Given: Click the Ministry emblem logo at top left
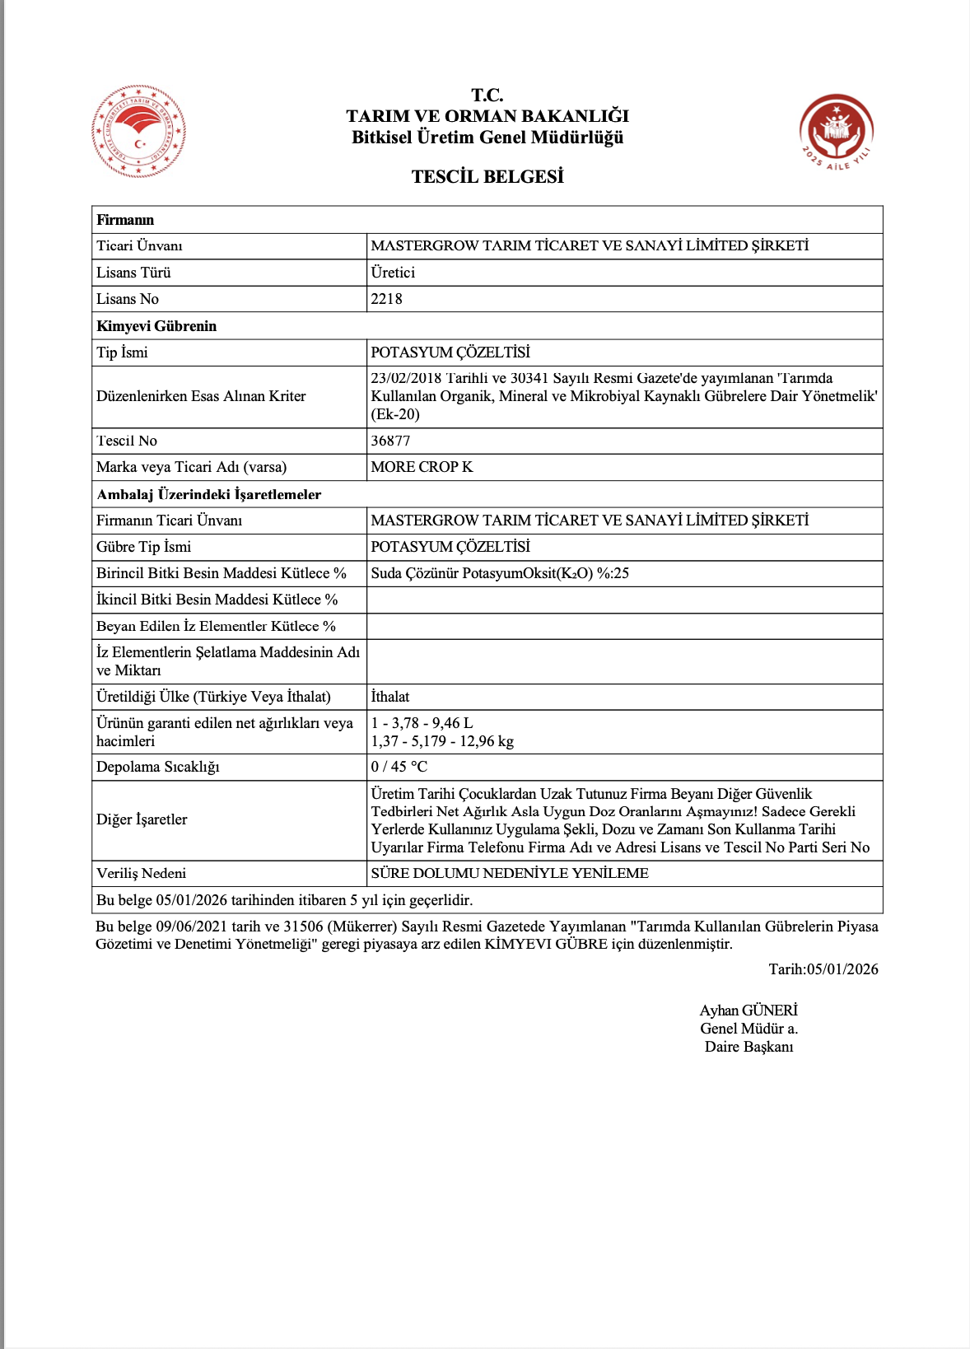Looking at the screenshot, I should coord(138,132).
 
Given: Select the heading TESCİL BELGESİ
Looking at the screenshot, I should coord(487,177).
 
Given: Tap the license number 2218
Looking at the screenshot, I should coord(386,299).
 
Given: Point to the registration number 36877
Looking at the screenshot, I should coord(390,441).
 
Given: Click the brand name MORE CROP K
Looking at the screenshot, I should coord(422,467).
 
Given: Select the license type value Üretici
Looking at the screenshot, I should coord(393,273).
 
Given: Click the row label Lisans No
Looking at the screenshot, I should coord(128,299).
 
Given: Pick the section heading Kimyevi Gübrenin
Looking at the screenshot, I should coord(156,326).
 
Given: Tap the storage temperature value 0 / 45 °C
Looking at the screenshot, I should coord(399,767).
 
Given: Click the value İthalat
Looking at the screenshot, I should coord(390,697).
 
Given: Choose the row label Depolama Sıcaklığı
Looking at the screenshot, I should coord(158,767).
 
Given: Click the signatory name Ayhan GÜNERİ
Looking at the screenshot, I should coord(748,1011).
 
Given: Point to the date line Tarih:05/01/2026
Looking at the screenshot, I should coord(823,969).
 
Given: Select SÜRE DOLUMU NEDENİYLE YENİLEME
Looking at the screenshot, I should coord(510,873).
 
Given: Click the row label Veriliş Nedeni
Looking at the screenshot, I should coord(142,873).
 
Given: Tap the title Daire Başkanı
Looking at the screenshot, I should coord(748,1047).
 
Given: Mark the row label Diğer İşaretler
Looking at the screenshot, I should coord(142,819).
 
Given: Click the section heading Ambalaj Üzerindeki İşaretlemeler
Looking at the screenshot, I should coord(209,494).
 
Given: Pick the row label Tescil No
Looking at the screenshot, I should coord(127,441).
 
